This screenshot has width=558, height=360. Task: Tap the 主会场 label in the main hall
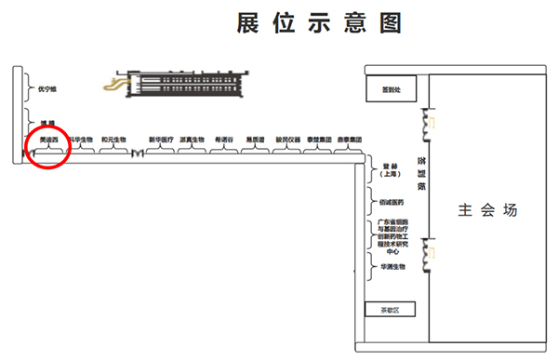click(x=486, y=210)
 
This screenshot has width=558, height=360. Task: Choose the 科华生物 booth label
click(x=81, y=140)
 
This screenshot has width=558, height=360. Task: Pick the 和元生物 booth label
click(x=113, y=140)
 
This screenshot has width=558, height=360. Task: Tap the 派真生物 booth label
click(x=192, y=140)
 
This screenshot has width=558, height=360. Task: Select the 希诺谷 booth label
click(x=224, y=140)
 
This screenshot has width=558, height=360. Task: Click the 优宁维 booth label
click(x=47, y=89)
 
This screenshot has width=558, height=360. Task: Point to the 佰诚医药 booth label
click(x=392, y=202)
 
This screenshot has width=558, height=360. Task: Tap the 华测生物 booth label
click(x=392, y=267)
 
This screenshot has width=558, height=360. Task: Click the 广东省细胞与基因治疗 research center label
click(x=392, y=236)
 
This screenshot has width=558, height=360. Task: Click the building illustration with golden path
click(x=178, y=86)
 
